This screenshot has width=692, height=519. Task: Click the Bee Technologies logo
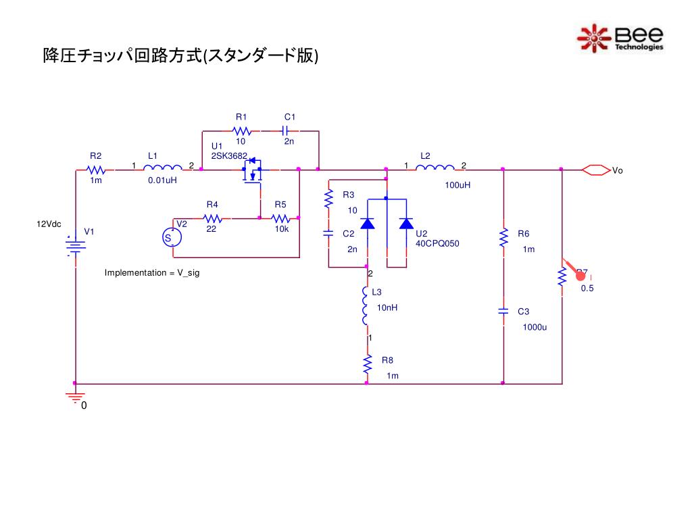pos(620,38)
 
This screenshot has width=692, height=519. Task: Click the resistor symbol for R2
pos(96,170)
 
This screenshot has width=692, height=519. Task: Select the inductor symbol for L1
pos(162,169)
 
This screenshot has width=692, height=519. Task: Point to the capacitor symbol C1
pos(285,131)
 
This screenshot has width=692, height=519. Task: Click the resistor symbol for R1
pos(241,131)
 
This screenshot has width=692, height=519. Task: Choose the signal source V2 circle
pos(172,237)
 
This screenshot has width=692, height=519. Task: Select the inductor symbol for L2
pos(435,169)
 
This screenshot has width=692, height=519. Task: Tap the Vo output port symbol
pos(595,170)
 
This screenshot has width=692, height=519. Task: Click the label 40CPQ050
pos(437,243)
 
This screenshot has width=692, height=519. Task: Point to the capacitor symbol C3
pos(503,312)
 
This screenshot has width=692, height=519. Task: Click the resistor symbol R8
pos(368,365)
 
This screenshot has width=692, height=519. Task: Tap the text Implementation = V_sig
pos(152,272)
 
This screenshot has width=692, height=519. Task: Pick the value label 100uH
pos(458,184)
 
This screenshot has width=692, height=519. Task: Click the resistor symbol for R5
pos(280,218)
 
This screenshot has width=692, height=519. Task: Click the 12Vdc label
pos(49,223)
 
